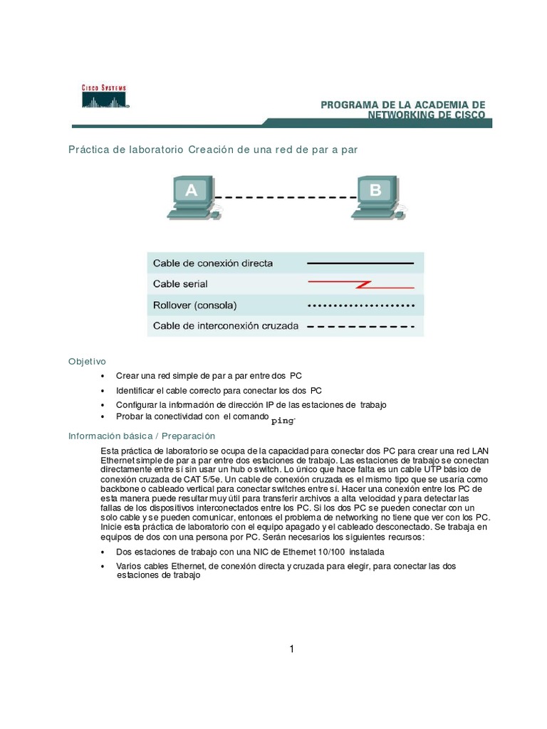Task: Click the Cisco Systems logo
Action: pos(104,96)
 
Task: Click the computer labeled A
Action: pos(191,196)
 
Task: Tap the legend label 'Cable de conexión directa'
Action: pos(213,263)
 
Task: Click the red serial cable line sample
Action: pos(360,285)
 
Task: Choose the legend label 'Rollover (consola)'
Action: pos(195,305)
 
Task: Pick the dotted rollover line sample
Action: pos(360,305)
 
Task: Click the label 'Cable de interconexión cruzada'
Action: pos(226,327)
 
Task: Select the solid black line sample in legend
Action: pos(360,263)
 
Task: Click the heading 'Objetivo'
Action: pos(87,361)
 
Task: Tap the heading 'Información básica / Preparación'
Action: pos(141,435)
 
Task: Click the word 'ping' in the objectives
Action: pos(283,421)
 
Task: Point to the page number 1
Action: pos(292,649)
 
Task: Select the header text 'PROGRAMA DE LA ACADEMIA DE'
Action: pos(402,105)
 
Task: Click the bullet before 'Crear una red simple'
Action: pos(103,375)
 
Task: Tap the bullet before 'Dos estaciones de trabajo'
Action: pos(103,552)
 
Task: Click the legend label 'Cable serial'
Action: pos(181,284)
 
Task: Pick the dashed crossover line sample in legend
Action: pos(360,327)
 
